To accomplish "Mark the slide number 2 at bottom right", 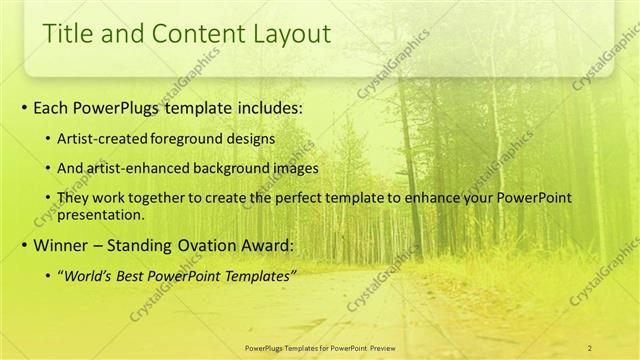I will point(590,347).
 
